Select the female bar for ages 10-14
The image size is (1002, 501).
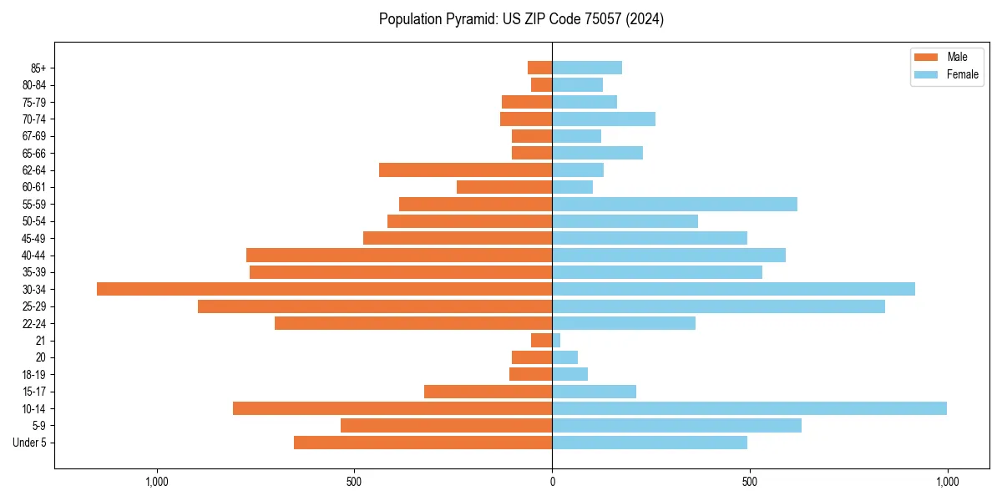click(749, 408)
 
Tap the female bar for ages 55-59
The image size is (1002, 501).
click(675, 204)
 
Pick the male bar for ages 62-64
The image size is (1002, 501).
click(465, 170)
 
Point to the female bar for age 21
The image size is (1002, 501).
click(556, 340)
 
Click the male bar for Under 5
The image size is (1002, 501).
click(423, 443)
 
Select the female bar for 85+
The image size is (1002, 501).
click(587, 68)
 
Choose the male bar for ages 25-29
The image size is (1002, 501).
click(375, 306)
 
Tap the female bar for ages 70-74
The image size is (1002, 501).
click(604, 119)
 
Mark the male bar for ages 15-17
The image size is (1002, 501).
click(488, 392)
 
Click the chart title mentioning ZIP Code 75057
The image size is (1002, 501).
click(521, 19)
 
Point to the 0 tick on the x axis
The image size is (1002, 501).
click(552, 482)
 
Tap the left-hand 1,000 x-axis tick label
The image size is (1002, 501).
click(157, 482)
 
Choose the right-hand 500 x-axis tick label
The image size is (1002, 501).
click(750, 482)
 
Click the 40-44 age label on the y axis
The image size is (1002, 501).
click(33, 256)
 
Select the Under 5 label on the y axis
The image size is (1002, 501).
click(29, 443)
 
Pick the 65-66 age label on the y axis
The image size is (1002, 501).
click(33, 153)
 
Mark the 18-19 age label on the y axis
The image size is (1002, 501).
click(33, 374)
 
